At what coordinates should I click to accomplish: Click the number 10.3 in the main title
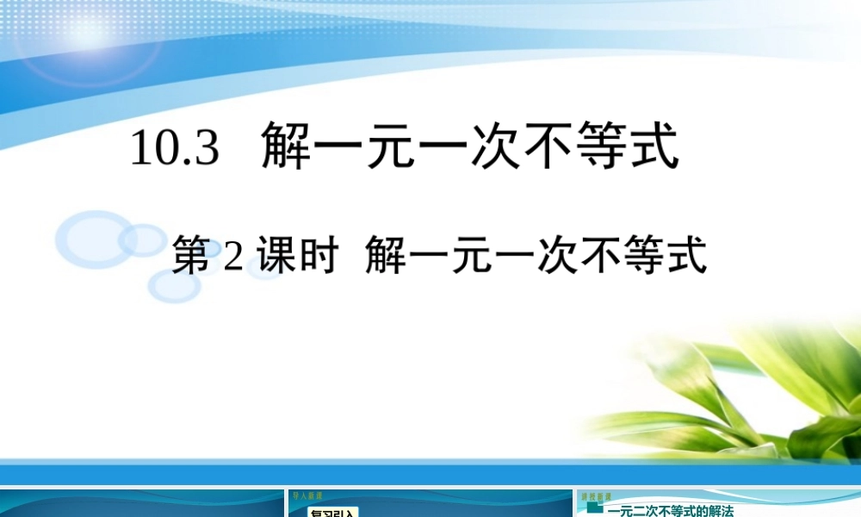click(175, 149)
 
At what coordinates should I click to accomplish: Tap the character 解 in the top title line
click(286, 146)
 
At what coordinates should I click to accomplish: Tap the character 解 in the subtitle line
click(384, 257)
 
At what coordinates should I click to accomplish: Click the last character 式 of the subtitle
click(687, 257)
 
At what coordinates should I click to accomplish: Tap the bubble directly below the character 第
click(175, 285)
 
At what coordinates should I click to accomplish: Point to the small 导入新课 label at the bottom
click(305, 497)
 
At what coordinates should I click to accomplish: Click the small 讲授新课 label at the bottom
click(596, 497)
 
